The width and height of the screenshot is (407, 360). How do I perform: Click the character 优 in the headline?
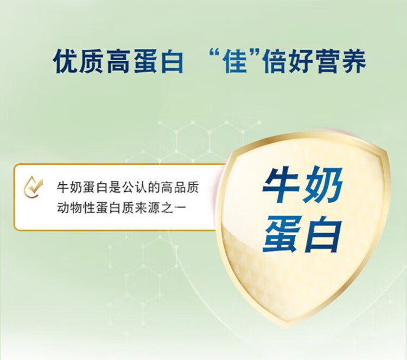[x=65, y=61]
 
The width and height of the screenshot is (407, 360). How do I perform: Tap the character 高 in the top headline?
[x=119, y=61]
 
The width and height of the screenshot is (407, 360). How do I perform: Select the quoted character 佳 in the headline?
[x=236, y=61]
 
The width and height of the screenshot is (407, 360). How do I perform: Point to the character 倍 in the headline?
[x=274, y=61]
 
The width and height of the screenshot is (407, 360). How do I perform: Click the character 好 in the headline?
[x=300, y=61]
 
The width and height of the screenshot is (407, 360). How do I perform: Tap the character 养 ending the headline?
[x=353, y=61]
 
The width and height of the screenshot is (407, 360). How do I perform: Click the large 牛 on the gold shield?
[x=281, y=185]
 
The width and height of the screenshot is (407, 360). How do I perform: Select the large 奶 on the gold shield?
[x=323, y=185]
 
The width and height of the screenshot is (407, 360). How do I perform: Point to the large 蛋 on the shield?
[x=281, y=234]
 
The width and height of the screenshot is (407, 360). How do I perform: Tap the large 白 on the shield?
[x=323, y=234]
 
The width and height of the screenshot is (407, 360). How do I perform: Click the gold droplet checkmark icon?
[x=33, y=187]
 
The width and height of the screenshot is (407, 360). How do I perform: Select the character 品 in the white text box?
[x=180, y=188]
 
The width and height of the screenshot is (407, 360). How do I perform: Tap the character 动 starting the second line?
[x=63, y=208]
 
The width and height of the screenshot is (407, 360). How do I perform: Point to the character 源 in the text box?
[x=154, y=208]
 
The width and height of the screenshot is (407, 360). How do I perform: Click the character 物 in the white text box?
[x=76, y=208]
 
